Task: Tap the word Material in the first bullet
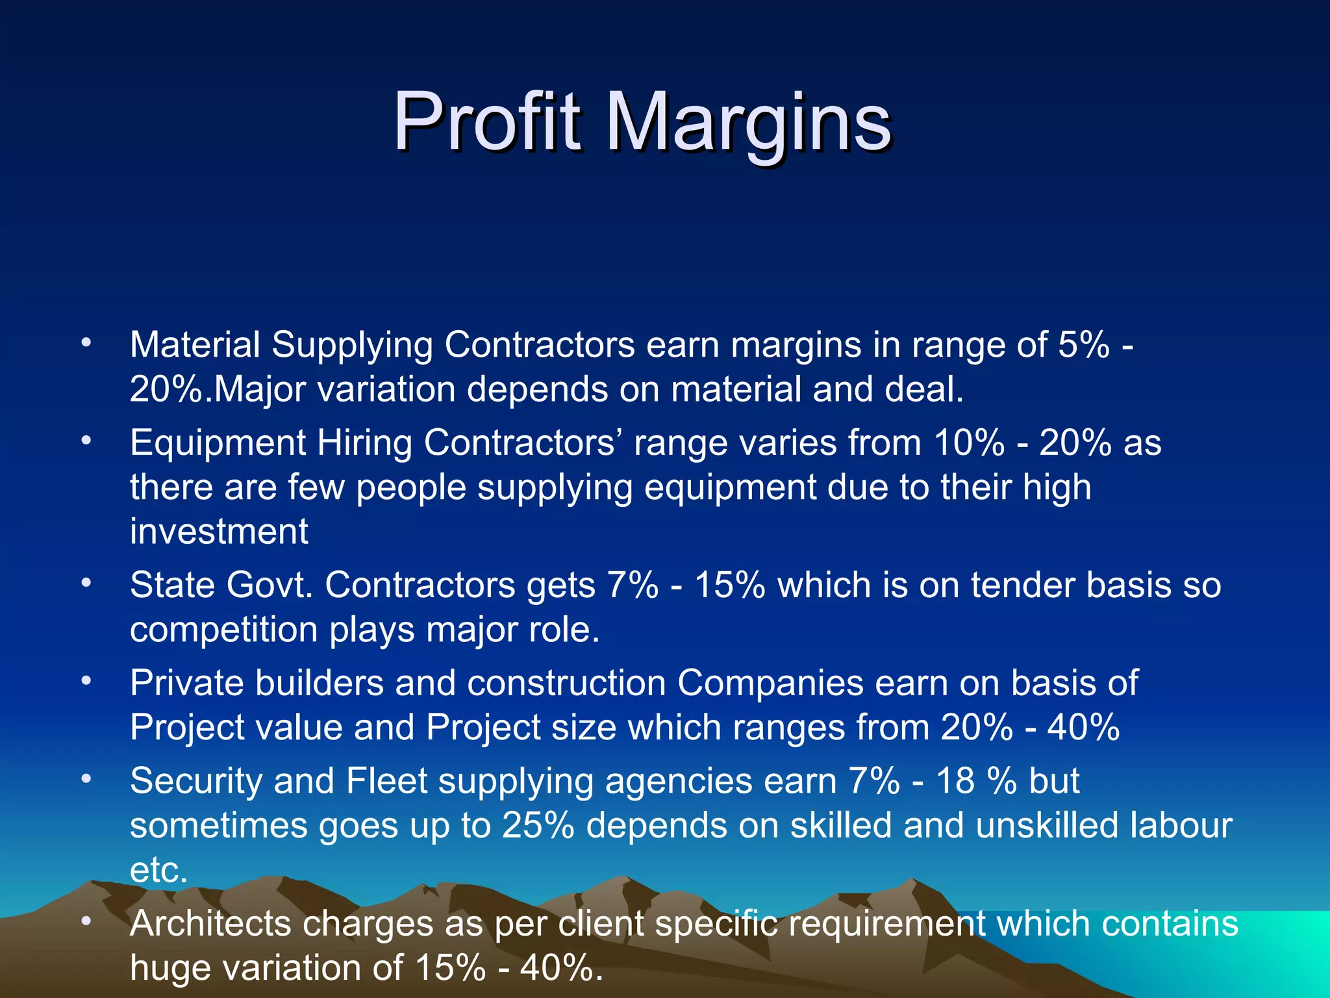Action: pos(195,344)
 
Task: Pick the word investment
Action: pos(219,531)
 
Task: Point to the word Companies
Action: pos(770,684)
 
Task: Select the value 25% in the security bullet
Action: pos(538,825)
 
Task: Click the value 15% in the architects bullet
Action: pos(449,968)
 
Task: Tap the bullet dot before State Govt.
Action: pos(86,583)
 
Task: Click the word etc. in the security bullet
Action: pos(158,871)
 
